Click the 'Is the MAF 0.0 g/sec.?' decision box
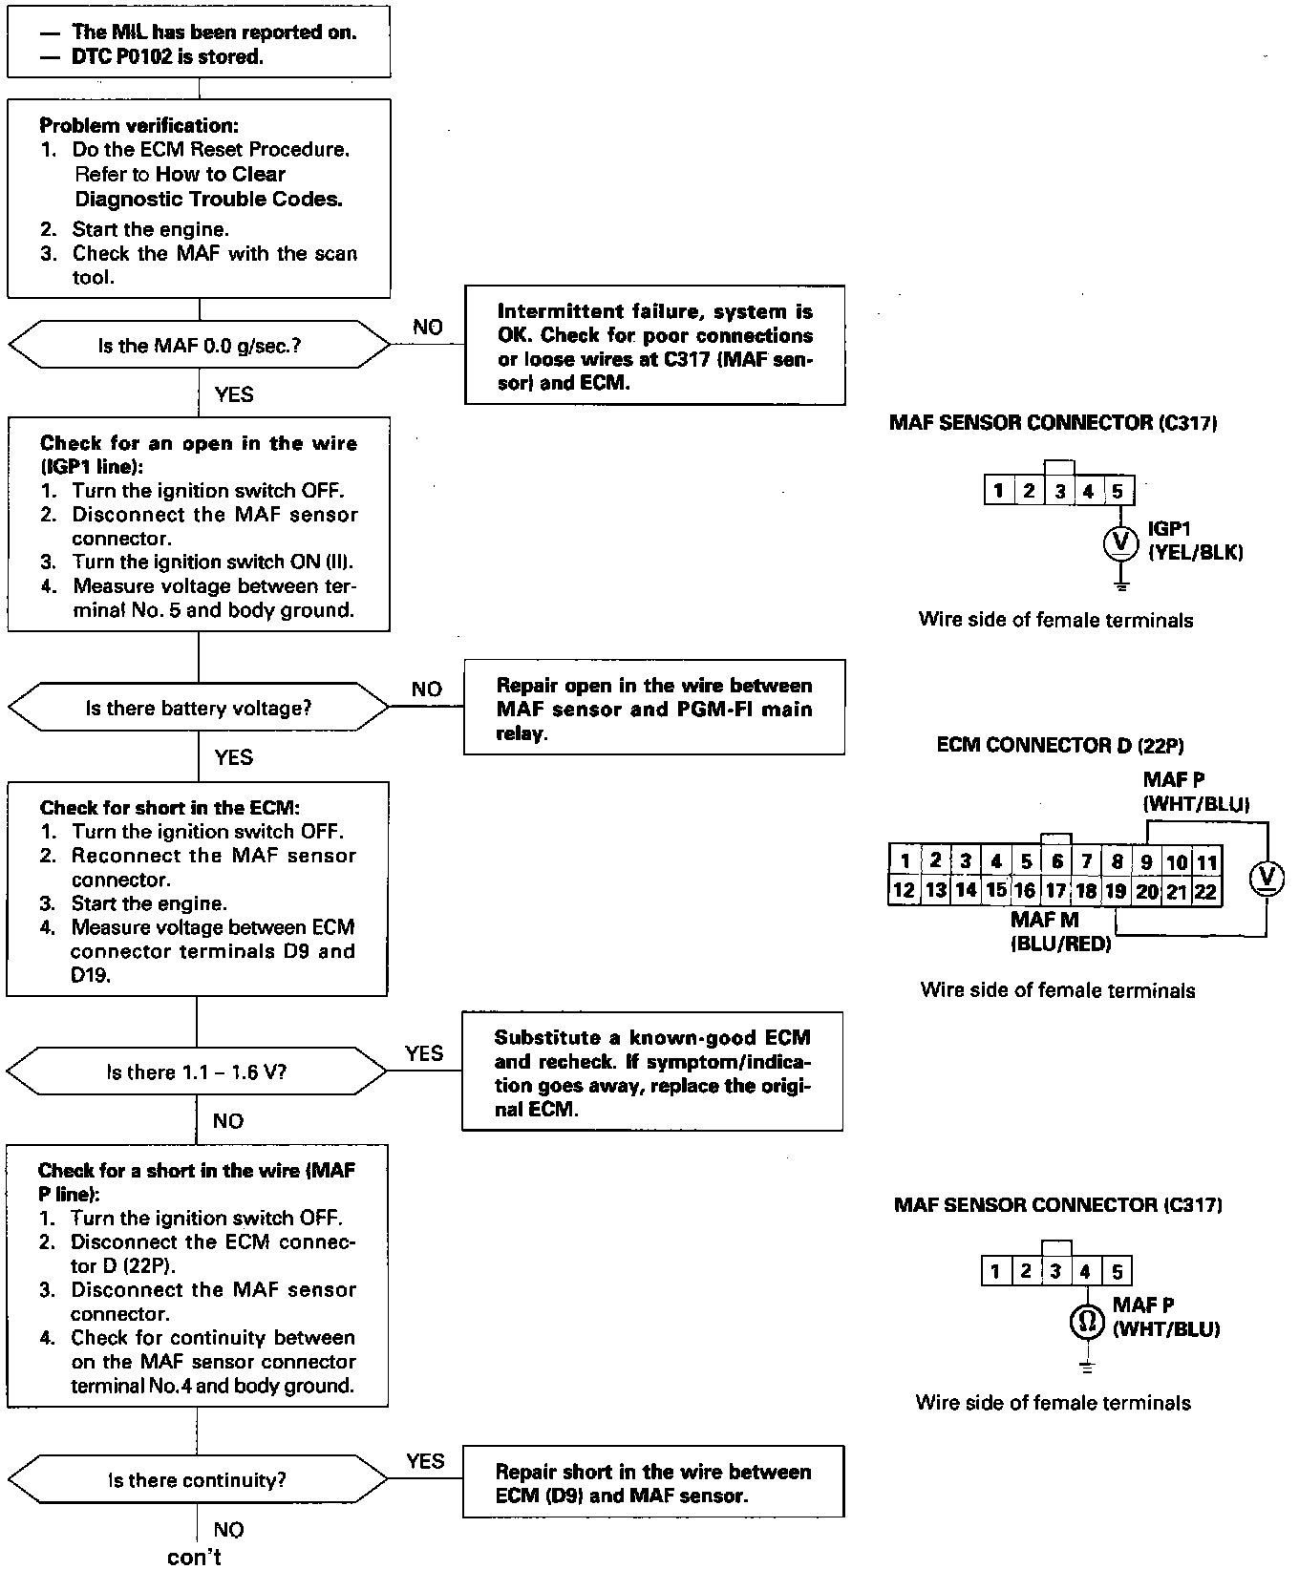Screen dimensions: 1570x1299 pyautogui.click(x=200, y=345)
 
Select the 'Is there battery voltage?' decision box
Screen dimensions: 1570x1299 pyautogui.click(x=199, y=708)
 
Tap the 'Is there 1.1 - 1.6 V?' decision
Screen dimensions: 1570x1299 pyautogui.click(x=197, y=1071)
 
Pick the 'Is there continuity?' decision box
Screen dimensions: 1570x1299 pyautogui.click(x=197, y=1480)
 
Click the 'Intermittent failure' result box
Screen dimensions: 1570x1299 pyautogui.click(x=654, y=346)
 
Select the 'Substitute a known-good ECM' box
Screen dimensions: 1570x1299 pyautogui.click(x=652, y=1072)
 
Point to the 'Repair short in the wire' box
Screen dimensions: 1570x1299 pyautogui.click(x=653, y=1482)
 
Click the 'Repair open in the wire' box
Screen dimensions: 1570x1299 pyautogui.click(x=654, y=709)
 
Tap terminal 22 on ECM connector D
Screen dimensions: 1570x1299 pyautogui.click(x=1205, y=892)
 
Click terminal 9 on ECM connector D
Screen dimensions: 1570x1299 pyautogui.click(x=1146, y=862)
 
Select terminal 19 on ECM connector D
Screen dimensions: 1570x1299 pyautogui.click(x=1116, y=892)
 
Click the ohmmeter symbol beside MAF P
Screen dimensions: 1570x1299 pyautogui.click(x=1086, y=1322)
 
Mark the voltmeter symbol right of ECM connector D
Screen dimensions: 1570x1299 pyautogui.click(x=1267, y=876)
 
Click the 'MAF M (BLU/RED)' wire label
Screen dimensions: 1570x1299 pyautogui.click(x=1060, y=931)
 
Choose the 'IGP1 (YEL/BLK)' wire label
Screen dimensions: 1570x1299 pyautogui.click(x=1194, y=541)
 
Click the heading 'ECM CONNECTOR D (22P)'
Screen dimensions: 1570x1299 pyautogui.click(x=1060, y=745)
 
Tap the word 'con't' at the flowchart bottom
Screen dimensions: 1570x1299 pyautogui.click(x=194, y=1558)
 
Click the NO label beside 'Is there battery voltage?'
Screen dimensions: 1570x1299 pyautogui.click(x=427, y=689)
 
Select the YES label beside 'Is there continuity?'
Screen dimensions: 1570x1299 pyautogui.click(x=425, y=1461)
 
